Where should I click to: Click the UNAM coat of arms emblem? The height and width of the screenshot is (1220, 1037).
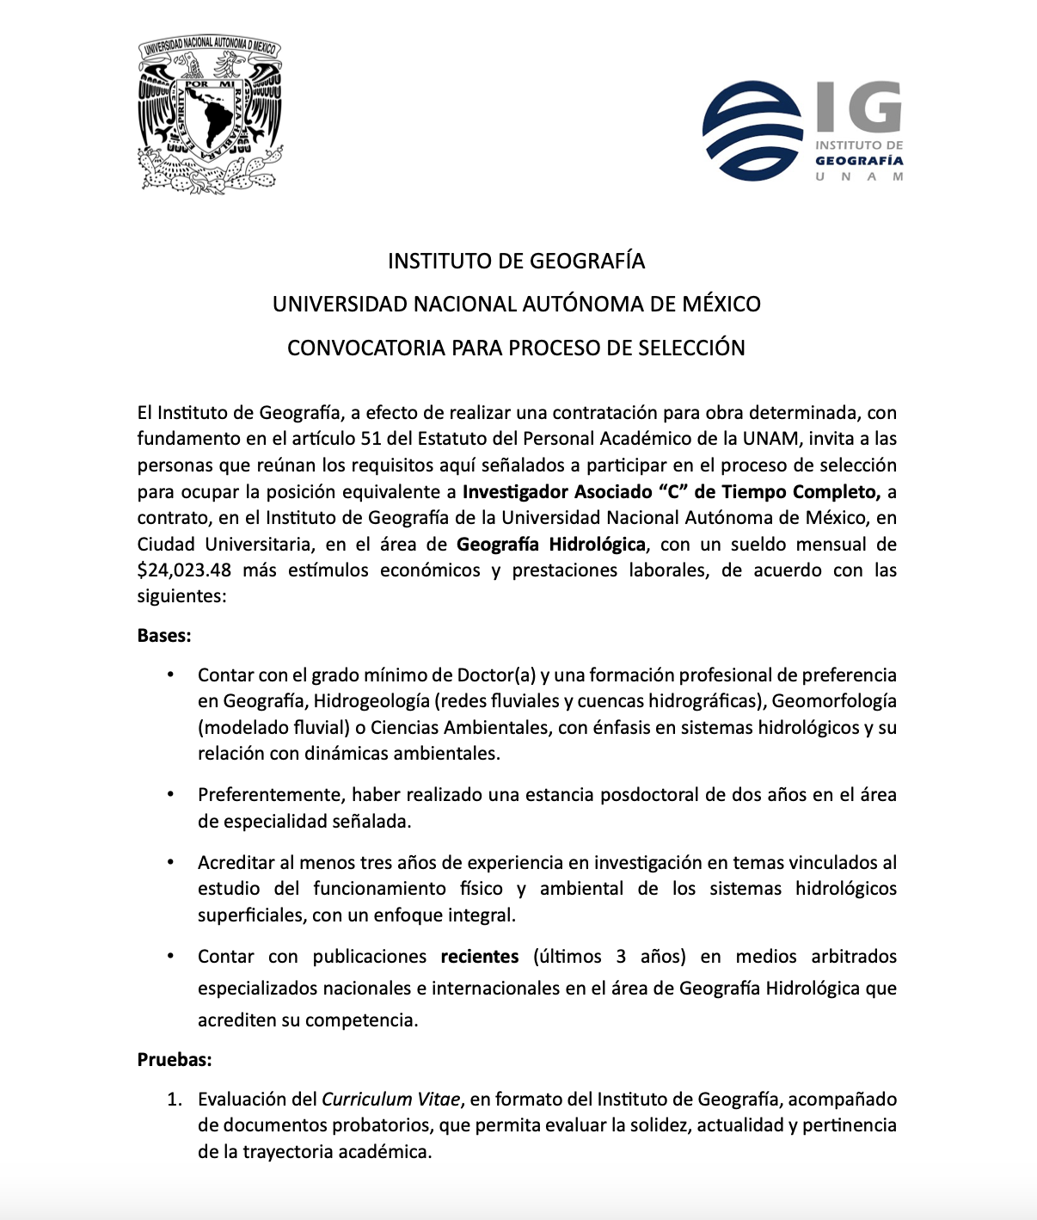click(210, 115)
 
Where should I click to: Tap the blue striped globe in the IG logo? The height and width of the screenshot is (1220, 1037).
click(752, 131)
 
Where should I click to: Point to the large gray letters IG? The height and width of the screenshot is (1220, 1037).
click(858, 106)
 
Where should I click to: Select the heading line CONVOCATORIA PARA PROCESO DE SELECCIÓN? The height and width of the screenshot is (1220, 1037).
click(516, 348)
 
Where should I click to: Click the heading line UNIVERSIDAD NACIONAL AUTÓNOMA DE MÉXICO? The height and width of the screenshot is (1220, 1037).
click(516, 304)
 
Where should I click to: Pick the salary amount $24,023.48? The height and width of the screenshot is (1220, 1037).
click(184, 570)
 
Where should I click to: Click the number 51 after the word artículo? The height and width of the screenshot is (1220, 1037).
click(371, 439)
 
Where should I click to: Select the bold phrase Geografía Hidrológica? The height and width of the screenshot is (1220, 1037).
click(550, 544)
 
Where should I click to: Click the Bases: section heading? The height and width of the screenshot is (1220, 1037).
click(164, 636)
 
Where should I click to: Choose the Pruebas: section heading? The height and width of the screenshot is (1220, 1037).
click(175, 1059)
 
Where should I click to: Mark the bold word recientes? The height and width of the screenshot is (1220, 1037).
click(480, 957)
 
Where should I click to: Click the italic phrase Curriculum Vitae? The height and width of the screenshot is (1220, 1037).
click(391, 1099)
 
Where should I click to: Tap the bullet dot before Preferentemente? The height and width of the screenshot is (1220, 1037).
click(171, 795)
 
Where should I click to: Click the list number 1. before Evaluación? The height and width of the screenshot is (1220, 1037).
click(175, 1099)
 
